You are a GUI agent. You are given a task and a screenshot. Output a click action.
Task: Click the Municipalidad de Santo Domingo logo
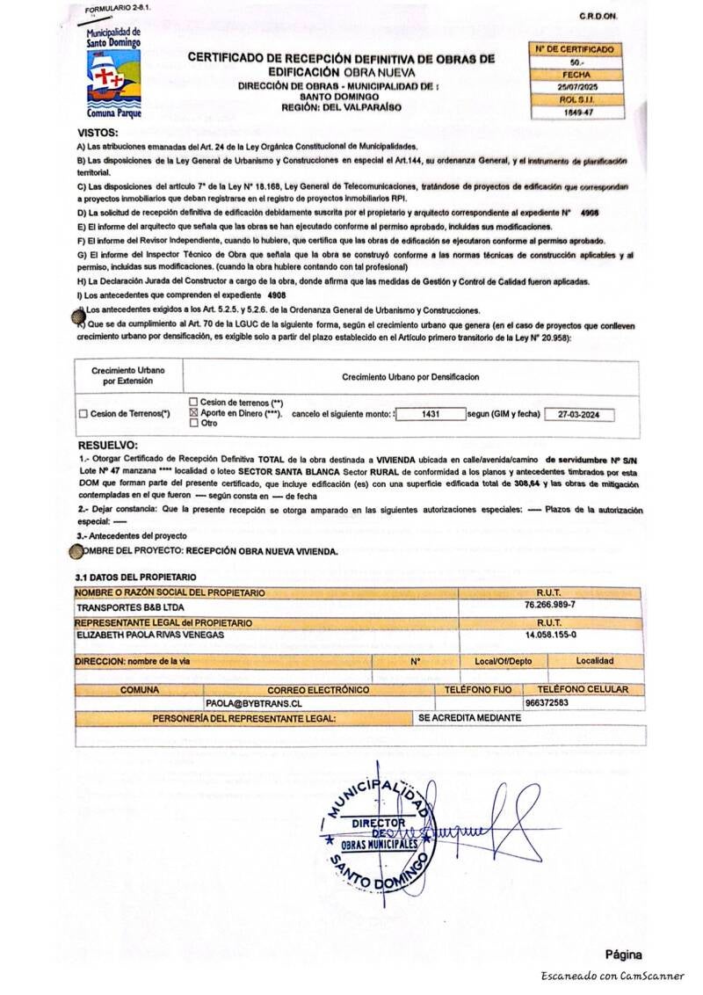[113, 74]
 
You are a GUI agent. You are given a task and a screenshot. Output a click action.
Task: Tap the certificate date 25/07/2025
[576, 88]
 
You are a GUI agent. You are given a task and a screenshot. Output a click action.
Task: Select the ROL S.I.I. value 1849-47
[576, 113]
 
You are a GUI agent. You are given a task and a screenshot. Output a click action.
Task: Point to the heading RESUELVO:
[107, 445]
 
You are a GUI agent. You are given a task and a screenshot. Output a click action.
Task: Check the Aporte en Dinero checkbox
[194, 412]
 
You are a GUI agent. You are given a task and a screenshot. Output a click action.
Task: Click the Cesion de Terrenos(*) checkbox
[83, 414]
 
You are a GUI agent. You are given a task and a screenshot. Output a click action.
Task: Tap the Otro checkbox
[194, 423]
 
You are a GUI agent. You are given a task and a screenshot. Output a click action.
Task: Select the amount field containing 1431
[431, 413]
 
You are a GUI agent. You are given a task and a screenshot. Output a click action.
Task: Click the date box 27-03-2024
[579, 413]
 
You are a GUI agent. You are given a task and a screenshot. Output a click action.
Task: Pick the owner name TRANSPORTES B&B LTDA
[130, 606]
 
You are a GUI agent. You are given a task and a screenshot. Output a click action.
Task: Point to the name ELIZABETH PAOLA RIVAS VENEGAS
[151, 635]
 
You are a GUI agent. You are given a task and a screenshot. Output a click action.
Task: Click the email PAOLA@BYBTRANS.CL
[254, 703]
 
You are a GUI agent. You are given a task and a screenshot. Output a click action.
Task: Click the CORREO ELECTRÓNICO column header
[318, 690]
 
